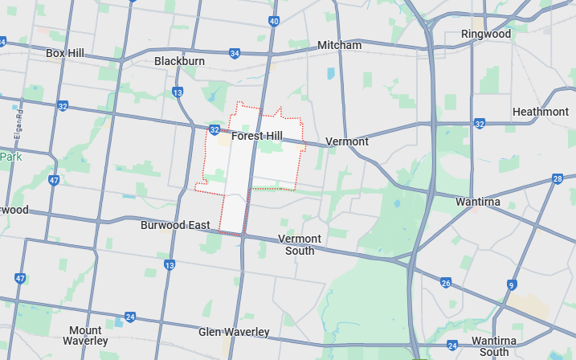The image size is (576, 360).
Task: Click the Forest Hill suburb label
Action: click(256, 136)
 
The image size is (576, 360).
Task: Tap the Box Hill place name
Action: click(65, 53)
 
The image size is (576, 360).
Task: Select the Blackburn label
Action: click(179, 61)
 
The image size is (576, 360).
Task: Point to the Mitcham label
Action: click(339, 45)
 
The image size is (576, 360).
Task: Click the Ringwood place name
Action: click(485, 34)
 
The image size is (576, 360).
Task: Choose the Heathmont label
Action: click(540, 112)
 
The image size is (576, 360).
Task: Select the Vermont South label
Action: click(300, 244)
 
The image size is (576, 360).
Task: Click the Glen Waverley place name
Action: click(234, 332)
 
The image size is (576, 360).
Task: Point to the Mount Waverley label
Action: click(85, 336)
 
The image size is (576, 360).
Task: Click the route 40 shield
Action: click(274, 21)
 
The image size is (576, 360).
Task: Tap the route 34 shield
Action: click(234, 53)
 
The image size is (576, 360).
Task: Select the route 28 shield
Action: click(558, 178)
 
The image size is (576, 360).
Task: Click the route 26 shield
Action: click(446, 283)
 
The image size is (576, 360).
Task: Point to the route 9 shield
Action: click(511, 284)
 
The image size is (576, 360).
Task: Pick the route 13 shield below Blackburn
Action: click(177, 92)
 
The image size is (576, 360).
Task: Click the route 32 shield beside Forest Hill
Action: click(214, 129)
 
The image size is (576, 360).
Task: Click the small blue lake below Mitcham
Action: click(330, 73)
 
